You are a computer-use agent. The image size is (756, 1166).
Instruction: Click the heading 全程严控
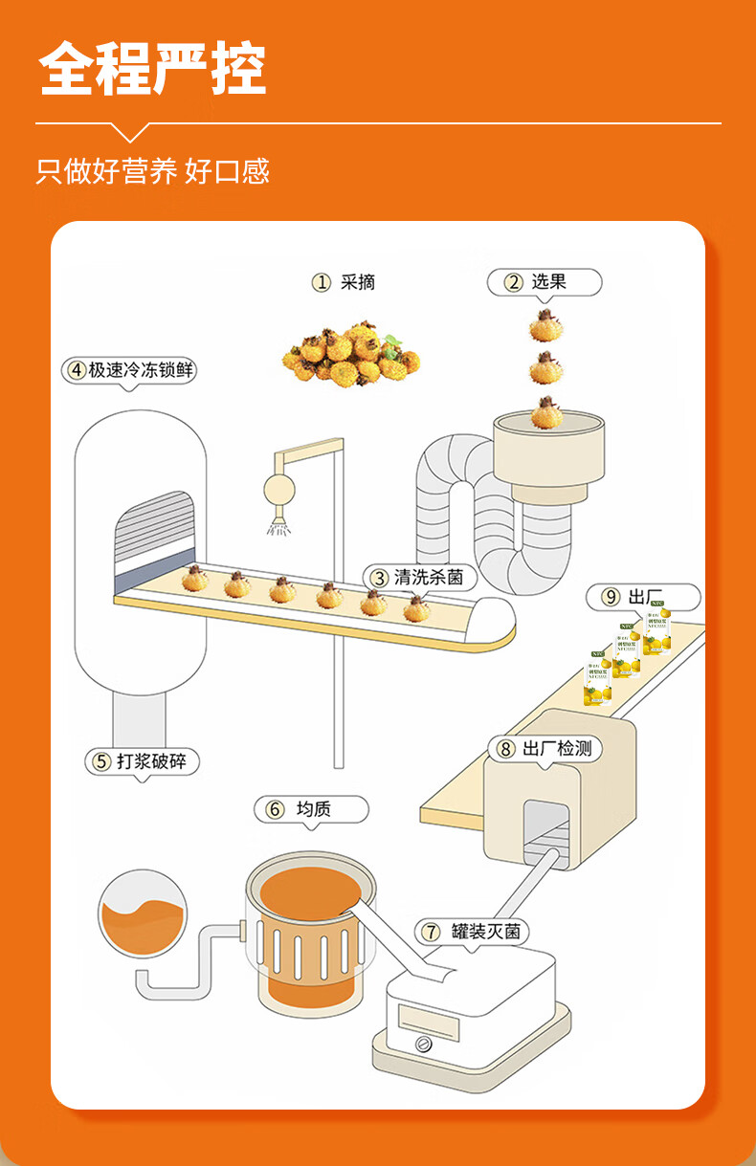153,68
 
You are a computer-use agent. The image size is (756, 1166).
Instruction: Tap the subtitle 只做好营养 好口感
153,171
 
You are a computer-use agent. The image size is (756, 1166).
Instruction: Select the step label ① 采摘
344,282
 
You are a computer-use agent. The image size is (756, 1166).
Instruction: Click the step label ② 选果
544,282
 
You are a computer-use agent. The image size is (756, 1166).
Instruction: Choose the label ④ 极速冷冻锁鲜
131,370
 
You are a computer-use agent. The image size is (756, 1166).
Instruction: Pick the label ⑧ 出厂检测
545,748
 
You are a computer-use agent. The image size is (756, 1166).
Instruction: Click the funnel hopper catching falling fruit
549,450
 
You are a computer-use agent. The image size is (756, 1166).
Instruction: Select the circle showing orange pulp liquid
143,913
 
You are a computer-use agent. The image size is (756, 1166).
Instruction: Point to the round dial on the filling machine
424,1044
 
